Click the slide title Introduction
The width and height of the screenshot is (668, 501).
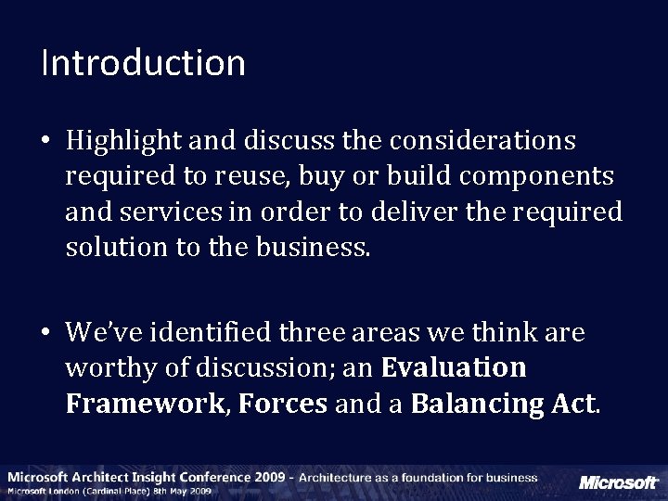[143, 63]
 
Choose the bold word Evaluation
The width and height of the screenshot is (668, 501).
[454, 368]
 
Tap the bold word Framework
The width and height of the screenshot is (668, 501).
[144, 404]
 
